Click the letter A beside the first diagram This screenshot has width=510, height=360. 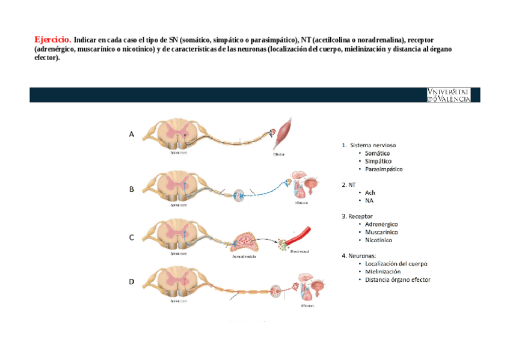(x=132, y=135)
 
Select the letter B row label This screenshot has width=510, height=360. (x=132, y=189)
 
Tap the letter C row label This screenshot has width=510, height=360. (x=132, y=237)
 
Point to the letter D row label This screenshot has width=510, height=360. (x=132, y=281)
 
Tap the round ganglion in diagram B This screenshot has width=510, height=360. (x=239, y=195)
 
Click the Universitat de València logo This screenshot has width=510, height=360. (x=449, y=94)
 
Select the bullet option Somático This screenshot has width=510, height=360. (x=377, y=153)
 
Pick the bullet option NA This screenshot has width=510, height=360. (x=369, y=200)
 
